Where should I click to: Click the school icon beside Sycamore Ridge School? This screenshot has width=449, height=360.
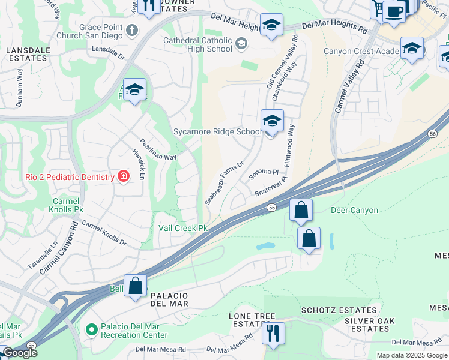(271, 122)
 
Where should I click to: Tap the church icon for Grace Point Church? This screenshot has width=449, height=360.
(133, 29)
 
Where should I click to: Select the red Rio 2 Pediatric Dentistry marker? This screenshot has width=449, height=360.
(123, 176)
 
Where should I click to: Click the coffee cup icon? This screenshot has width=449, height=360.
(394, 11)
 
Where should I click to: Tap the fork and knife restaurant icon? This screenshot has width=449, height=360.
(274, 332)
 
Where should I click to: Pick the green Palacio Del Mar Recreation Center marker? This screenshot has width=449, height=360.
(91, 329)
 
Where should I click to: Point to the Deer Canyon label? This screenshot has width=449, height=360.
(354, 211)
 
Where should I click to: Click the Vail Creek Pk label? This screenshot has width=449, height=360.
(182, 228)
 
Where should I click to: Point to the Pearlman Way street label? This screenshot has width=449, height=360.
(158, 149)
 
